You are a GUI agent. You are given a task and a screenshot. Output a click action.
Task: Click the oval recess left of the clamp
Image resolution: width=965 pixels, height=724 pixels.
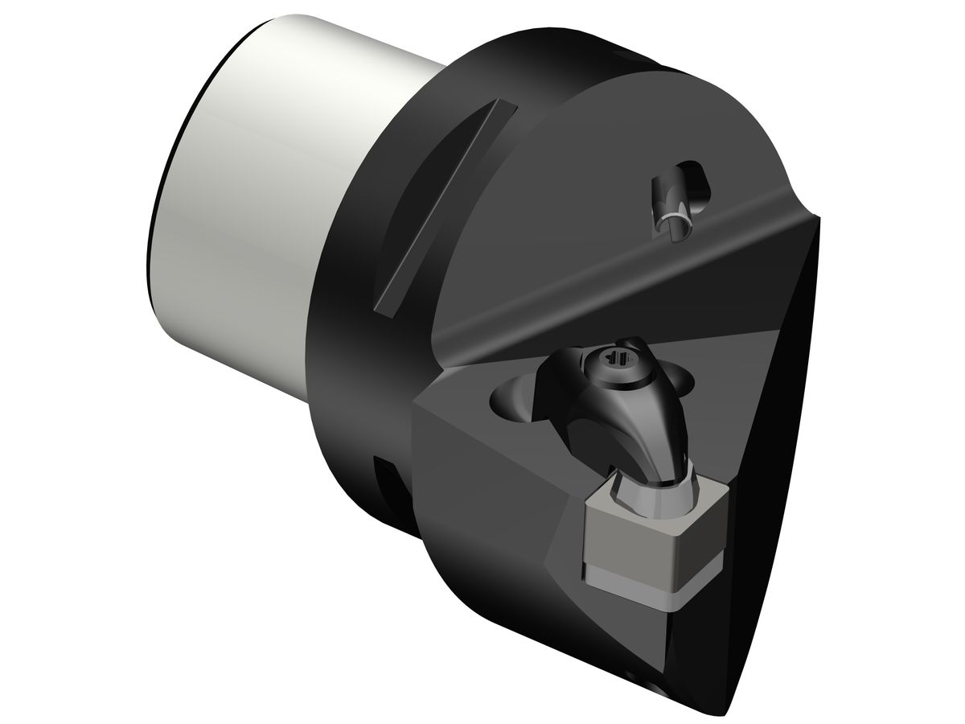(x=515, y=398)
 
